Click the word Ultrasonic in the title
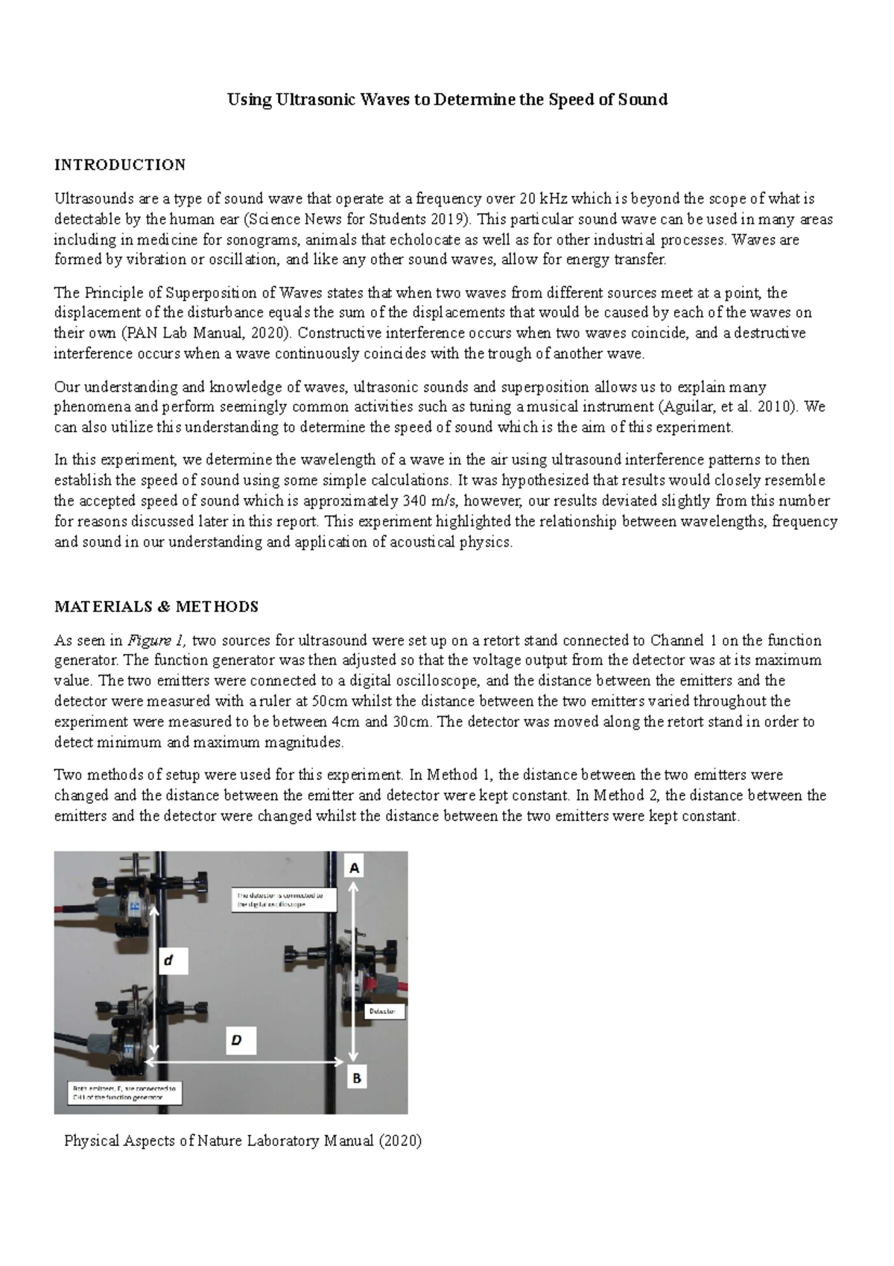click(316, 100)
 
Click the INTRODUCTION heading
click(120, 165)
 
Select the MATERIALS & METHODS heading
click(156, 607)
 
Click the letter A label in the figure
click(355, 868)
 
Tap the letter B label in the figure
click(356, 1077)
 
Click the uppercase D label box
click(237, 1041)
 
